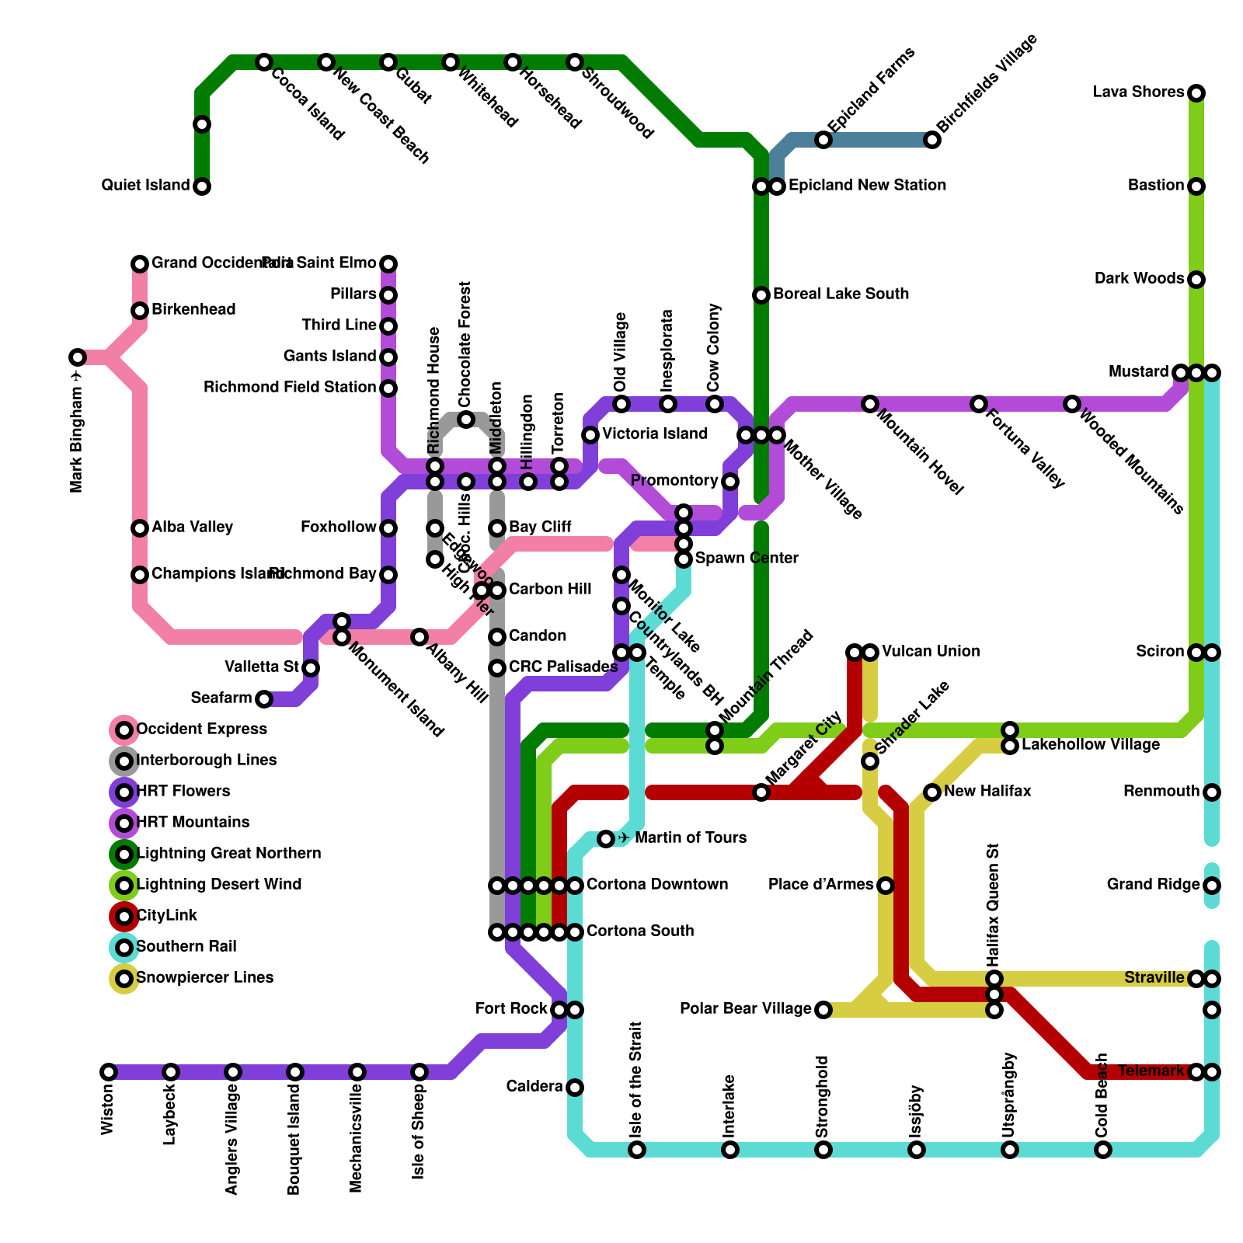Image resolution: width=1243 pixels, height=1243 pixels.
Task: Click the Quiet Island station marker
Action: pos(202,186)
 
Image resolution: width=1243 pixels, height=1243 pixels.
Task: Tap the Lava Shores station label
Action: pos(1138,92)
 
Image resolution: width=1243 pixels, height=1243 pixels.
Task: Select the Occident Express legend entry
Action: pos(201,729)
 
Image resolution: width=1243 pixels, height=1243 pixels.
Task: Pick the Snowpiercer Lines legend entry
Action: pos(204,978)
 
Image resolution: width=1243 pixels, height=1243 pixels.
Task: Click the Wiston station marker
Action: pos(109,1072)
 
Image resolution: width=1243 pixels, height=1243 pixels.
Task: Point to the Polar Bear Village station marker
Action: pos(823,1010)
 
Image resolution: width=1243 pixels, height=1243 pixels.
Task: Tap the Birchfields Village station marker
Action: pos(932,140)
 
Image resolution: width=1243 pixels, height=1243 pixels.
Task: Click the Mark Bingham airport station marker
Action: pos(78,357)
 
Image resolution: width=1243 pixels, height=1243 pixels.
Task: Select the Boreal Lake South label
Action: pos(841,294)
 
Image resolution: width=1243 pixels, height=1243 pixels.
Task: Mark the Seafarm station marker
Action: pos(264,699)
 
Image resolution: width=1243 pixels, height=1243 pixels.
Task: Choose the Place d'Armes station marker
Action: pos(886,886)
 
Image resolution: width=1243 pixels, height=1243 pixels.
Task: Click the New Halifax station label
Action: pos(987,792)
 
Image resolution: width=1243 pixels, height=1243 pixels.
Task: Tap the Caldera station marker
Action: pos(575,1088)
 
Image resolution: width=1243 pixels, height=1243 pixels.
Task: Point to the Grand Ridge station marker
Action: pos(1212,886)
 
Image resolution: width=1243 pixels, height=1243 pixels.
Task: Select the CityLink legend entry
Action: pos(166,916)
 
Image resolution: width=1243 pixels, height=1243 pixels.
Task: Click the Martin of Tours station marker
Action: pos(606,839)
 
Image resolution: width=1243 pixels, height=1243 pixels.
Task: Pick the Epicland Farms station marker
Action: pos(823,140)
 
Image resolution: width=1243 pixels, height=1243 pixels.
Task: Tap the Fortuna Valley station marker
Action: pos(979,404)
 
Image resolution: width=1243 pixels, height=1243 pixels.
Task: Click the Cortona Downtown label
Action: pos(657,885)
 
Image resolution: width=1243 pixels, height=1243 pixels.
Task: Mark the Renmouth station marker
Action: pos(1212,792)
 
